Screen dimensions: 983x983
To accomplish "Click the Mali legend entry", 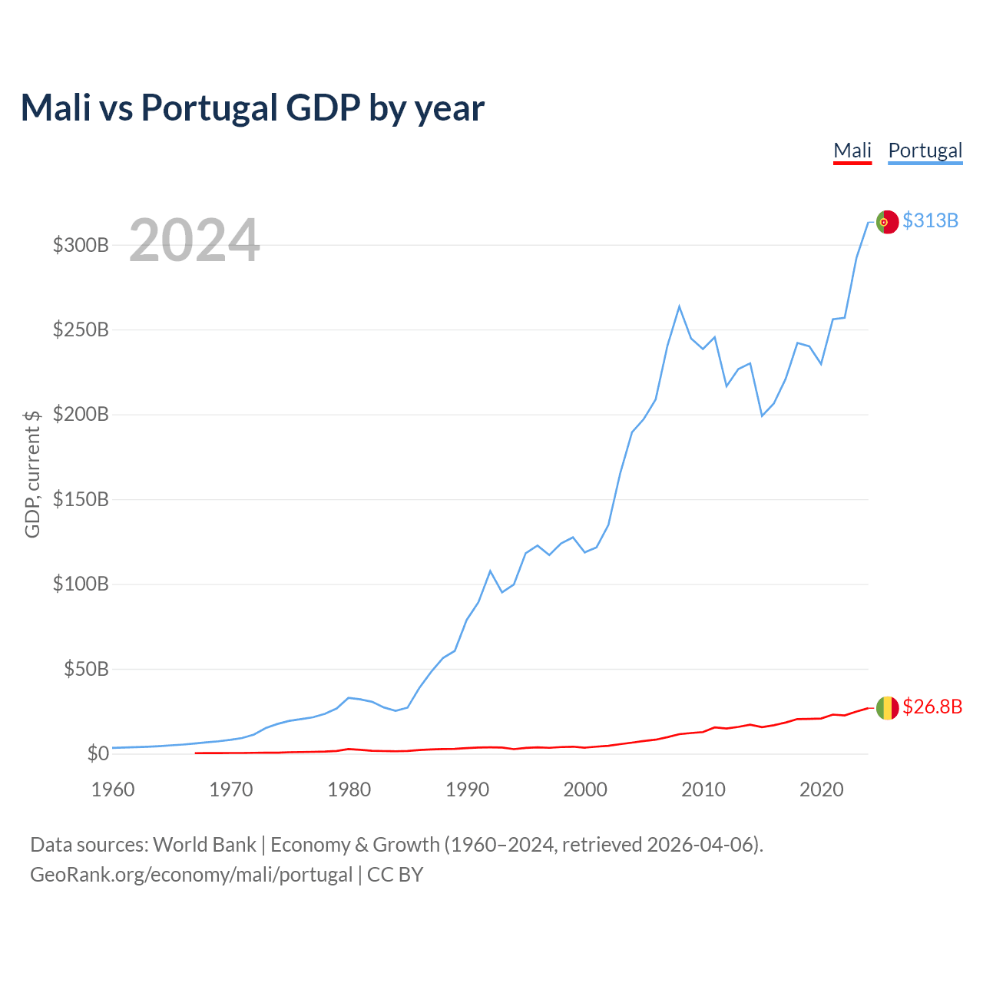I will pos(852,151).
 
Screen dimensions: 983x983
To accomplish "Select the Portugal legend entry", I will pos(925,151).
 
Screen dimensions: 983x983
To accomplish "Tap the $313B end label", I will pos(930,221).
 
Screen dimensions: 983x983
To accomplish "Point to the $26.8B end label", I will pos(932,707).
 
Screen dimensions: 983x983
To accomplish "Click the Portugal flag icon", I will pos(887,222).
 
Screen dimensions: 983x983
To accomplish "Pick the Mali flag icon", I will pos(887,708).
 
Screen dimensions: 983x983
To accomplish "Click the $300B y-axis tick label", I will pos(81,246).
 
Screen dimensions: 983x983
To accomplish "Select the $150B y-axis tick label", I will pos(81,500).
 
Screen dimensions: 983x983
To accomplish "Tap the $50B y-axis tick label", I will pos(86,670).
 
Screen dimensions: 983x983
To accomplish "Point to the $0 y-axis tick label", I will pos(98,754).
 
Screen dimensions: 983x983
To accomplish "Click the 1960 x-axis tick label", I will pos(113,789).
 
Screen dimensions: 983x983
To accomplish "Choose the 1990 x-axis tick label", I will pos(467,789).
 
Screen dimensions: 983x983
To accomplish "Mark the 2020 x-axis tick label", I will pos(821,789).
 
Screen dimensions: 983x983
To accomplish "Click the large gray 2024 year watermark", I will pos(194,241).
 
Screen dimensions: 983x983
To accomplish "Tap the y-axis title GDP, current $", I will pos(32,474).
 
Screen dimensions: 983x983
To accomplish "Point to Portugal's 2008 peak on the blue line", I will pos(679,306).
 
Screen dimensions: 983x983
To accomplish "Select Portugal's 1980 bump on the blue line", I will pos(349,698).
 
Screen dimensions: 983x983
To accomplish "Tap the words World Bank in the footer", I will pos(204,845).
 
